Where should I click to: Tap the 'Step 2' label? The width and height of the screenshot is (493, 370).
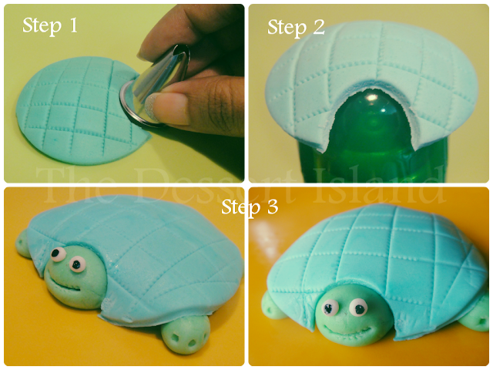(x=296, y=28)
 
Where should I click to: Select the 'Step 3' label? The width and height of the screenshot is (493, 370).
(x=249, y=207)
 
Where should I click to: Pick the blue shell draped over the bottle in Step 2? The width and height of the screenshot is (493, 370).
(x=370, y=69)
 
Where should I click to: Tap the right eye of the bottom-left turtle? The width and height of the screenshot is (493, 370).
(x=78, y=265)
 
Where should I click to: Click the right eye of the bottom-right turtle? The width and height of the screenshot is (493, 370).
(x=356, y=310)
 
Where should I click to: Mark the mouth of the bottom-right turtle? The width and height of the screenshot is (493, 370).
(x=339, y=329)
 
